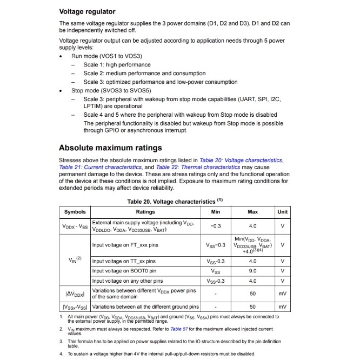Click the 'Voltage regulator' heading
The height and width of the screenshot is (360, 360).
pyautogui.click(x=87, y=11)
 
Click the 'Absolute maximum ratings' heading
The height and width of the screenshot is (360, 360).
pyautogui.click(x=110, y=148)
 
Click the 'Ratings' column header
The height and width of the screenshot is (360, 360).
pyautogui.click(x=145, y=212)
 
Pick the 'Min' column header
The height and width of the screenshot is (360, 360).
pyautogui.click(x=216, y=212)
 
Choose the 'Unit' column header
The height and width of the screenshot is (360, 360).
pyautogui.click(x=282, y=212)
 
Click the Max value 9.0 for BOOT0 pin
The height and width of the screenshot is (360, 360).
pyautogui.click(x=252, y=271)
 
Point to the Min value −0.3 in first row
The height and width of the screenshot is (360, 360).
pyautogui.click(x=216, y=226)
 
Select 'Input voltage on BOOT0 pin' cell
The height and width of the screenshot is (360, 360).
pyautogui.click(x=124, y=271)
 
